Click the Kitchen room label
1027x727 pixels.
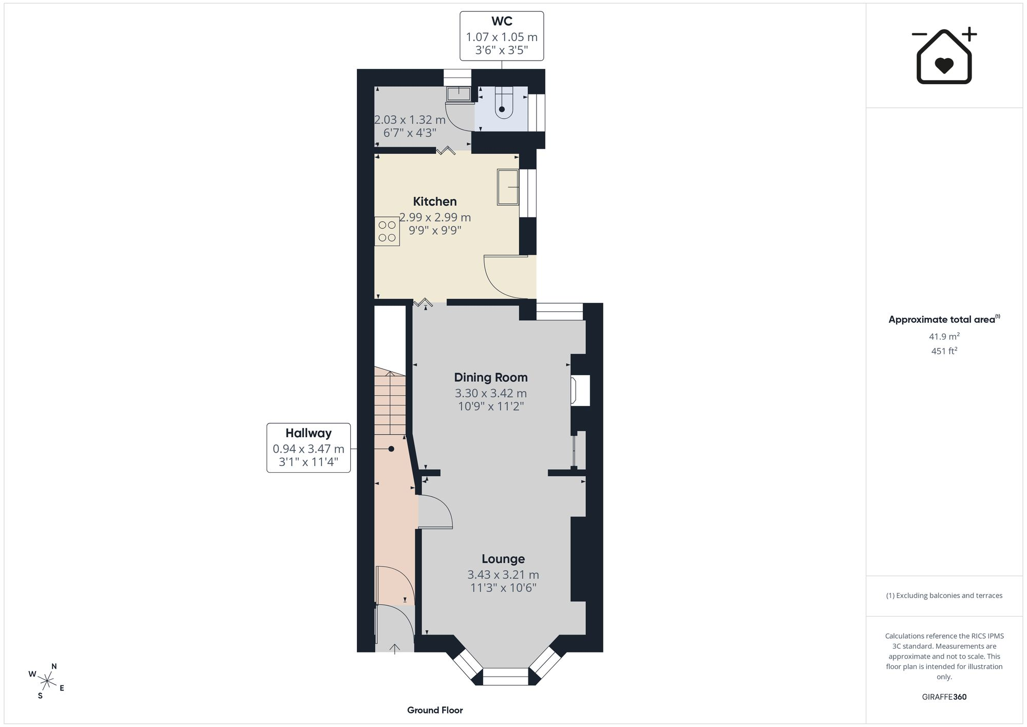(x=435, y=201)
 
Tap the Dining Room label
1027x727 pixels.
(x=491, y=378)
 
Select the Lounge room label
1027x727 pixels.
(x=503, y=559)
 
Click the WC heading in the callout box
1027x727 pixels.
(x=502, y=21)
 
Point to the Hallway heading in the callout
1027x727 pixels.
(x=309, y=433)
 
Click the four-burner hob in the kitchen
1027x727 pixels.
(x=387, y=231)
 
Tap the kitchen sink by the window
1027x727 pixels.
(x=508, y=187)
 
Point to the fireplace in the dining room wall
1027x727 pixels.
(x=580, y=390)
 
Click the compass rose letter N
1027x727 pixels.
(x=54, y=666)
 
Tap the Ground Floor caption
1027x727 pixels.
(x=435, y=710)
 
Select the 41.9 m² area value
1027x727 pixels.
(x=944, y=337)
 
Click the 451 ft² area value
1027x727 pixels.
(x=944, y=351)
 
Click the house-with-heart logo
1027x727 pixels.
(x=944, y=56)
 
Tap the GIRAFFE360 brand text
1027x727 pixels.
(x=944, y=697)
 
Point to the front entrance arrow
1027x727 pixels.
(x=394, y=648)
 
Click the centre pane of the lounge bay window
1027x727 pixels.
(x=505, y=677)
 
